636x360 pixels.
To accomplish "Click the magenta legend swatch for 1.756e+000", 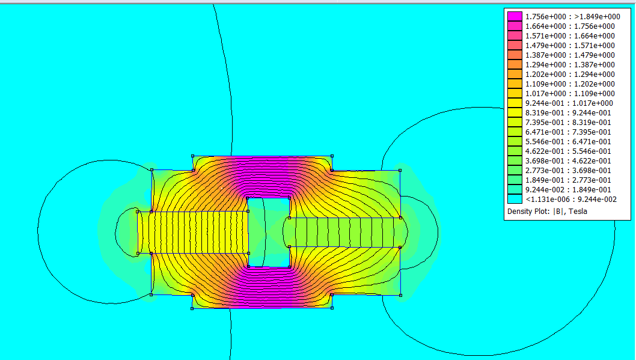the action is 515,17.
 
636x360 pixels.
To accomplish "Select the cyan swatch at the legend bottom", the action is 515,199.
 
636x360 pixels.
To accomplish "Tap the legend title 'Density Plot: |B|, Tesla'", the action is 547,211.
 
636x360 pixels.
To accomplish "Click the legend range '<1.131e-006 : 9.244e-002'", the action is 571,199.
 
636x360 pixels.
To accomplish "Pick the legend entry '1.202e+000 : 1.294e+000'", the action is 570,74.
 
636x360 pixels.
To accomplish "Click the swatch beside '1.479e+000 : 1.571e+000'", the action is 515,46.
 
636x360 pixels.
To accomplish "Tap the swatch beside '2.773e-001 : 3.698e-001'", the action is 515,170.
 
